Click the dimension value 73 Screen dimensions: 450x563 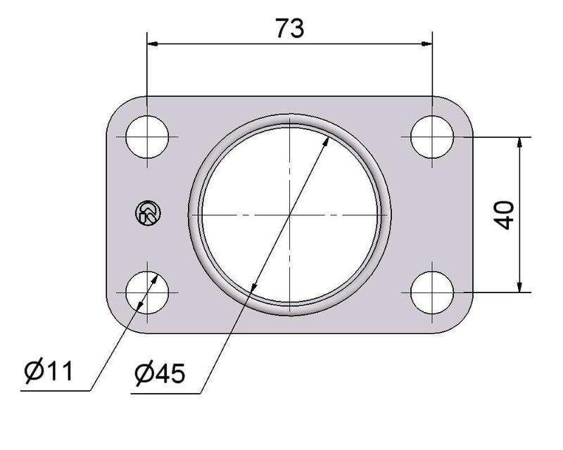point(289,28)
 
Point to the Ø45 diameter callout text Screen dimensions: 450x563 point(160,373)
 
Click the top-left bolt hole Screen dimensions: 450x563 point(147,136)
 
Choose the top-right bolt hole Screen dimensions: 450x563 point(431,136)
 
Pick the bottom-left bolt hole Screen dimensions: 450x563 point(147,291)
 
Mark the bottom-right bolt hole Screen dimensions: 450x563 point(431,291)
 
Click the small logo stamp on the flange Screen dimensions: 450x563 point(148,213)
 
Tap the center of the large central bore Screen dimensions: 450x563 point(289,214)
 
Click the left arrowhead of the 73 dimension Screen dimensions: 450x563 point(153,44)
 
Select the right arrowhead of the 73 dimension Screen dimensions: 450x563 point(424,44)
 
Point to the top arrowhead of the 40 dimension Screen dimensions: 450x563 point(519,143)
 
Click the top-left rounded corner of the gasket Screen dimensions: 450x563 point(116,106)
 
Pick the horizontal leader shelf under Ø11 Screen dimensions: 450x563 point(56,390)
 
